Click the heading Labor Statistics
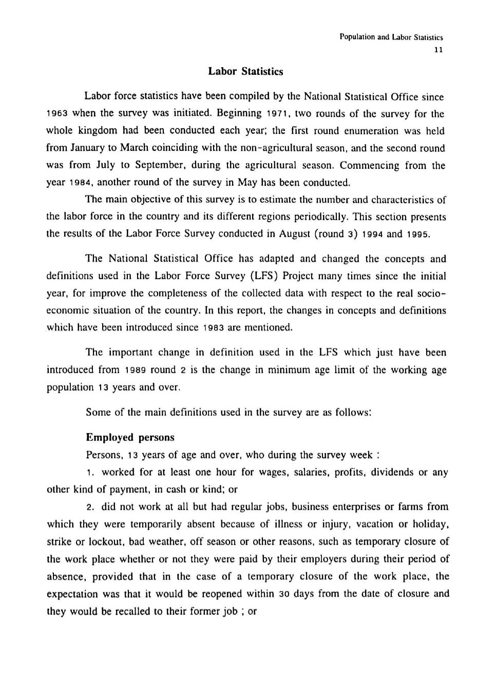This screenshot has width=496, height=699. [x=245, y=71]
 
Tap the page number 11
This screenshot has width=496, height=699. [x=438, y=50]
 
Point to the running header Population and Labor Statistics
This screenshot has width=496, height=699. [x=391, y=37]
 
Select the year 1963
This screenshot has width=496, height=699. [x=57, y=114]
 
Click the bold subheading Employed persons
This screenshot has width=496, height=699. [x=130, y=438]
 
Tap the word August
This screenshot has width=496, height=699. [x=296, y=234]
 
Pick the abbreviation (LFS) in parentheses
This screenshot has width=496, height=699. [x=264, y=276]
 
